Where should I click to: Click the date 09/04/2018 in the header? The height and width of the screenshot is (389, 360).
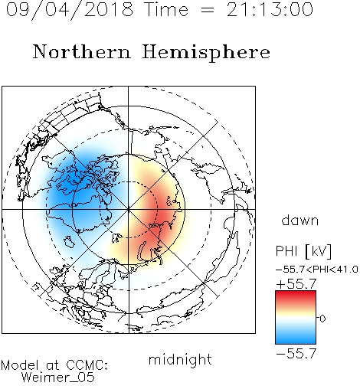(70, 10)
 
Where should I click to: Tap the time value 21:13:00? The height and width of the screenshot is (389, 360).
(270, 9)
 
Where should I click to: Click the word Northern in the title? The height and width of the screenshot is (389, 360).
(82, 51)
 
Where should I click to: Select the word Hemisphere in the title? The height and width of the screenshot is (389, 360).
(206, 53)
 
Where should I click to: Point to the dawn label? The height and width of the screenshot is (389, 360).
(300, 220)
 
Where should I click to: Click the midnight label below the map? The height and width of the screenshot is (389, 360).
(180, 360)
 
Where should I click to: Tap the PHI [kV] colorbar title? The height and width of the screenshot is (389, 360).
(303, 251)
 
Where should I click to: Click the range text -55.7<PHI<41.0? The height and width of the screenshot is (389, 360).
(317, 270)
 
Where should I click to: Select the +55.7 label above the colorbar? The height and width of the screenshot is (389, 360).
(296, 284)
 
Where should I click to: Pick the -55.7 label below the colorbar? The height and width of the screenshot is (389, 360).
(296, 354)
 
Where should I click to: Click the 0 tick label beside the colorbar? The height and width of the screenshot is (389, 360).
(322, 319)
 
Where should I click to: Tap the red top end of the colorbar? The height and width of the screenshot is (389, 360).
(296, 293)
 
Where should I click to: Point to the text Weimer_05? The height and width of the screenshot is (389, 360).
(58, 378)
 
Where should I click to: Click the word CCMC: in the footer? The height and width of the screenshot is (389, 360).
(87, 365)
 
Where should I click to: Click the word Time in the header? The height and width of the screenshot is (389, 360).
(166, 9)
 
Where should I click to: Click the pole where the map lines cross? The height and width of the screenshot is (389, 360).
(129, 209)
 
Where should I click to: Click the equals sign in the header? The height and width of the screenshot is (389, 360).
(208, 10)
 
